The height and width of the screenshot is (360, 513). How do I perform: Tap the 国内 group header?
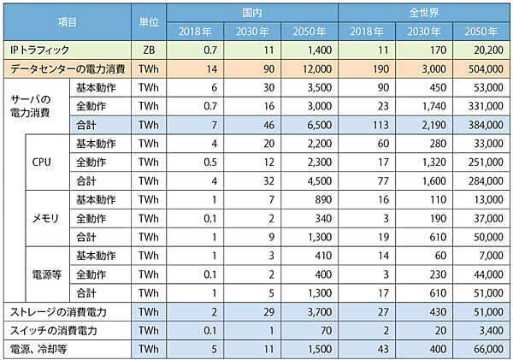251,14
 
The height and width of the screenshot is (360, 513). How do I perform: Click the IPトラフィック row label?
48,51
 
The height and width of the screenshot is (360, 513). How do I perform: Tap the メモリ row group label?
45,217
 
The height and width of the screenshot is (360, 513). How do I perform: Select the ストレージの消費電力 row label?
57,310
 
